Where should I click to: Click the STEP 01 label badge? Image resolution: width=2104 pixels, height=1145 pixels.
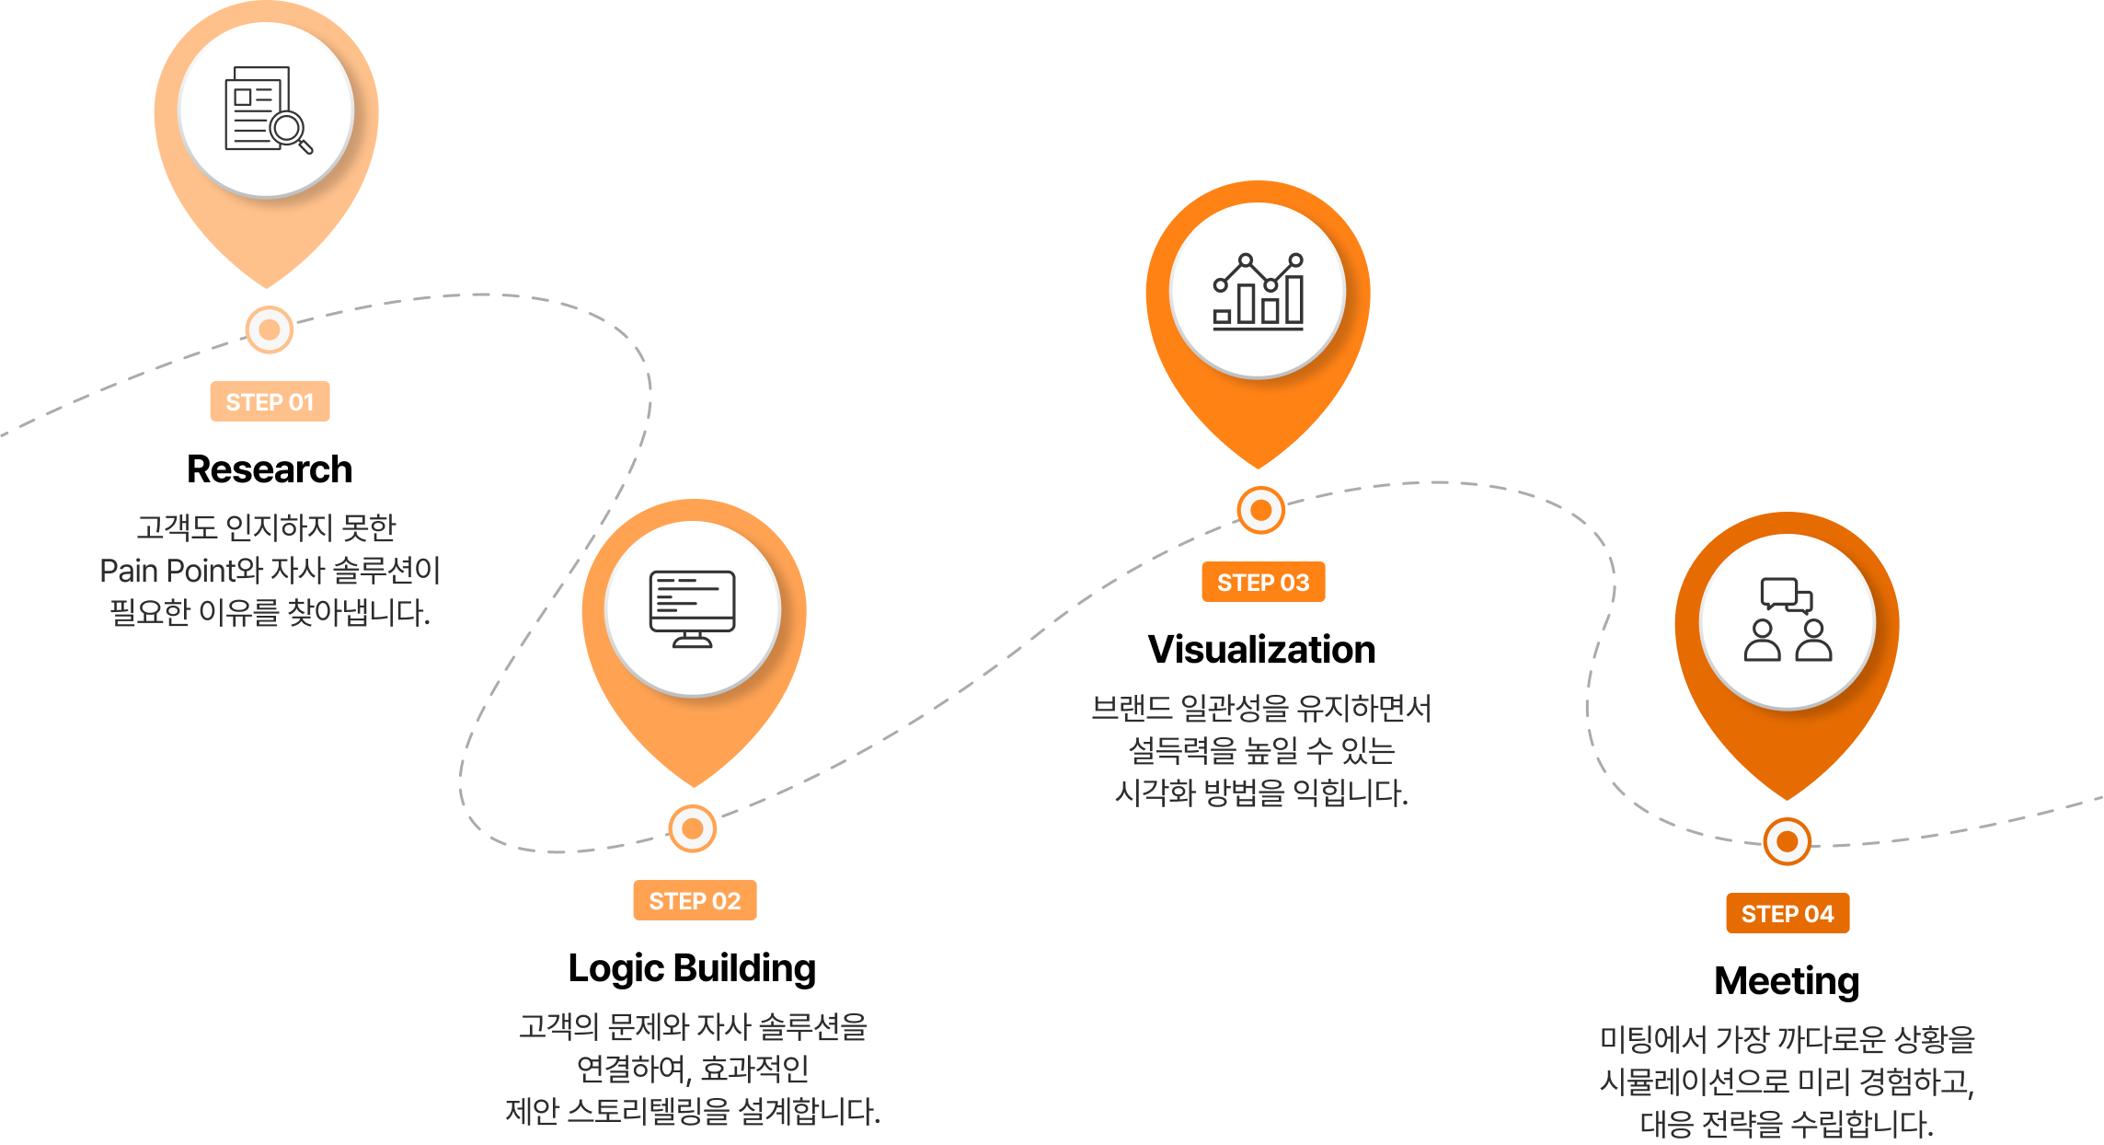(270, 401)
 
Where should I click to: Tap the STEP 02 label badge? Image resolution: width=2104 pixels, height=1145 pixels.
(695, 900)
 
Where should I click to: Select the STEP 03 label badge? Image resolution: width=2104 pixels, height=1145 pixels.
(1263, 582)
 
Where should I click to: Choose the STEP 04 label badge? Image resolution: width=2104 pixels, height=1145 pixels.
(1788, 913)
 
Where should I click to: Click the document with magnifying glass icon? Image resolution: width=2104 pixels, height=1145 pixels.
(267, 110)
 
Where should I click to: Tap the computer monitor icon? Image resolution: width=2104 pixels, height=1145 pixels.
(693, 608)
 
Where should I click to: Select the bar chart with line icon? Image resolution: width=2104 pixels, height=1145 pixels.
(1258, 291)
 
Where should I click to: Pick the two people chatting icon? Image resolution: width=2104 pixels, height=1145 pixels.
(1788, 619)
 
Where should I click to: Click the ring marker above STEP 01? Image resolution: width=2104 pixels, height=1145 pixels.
(270, 330)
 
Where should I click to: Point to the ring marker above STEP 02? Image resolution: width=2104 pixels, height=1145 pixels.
(693, 828)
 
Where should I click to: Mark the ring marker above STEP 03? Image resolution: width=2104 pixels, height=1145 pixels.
(1260, 510)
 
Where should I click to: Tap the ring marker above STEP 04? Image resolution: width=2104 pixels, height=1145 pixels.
(1788, 841)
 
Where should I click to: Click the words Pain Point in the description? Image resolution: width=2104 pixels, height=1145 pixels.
(167, 571)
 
